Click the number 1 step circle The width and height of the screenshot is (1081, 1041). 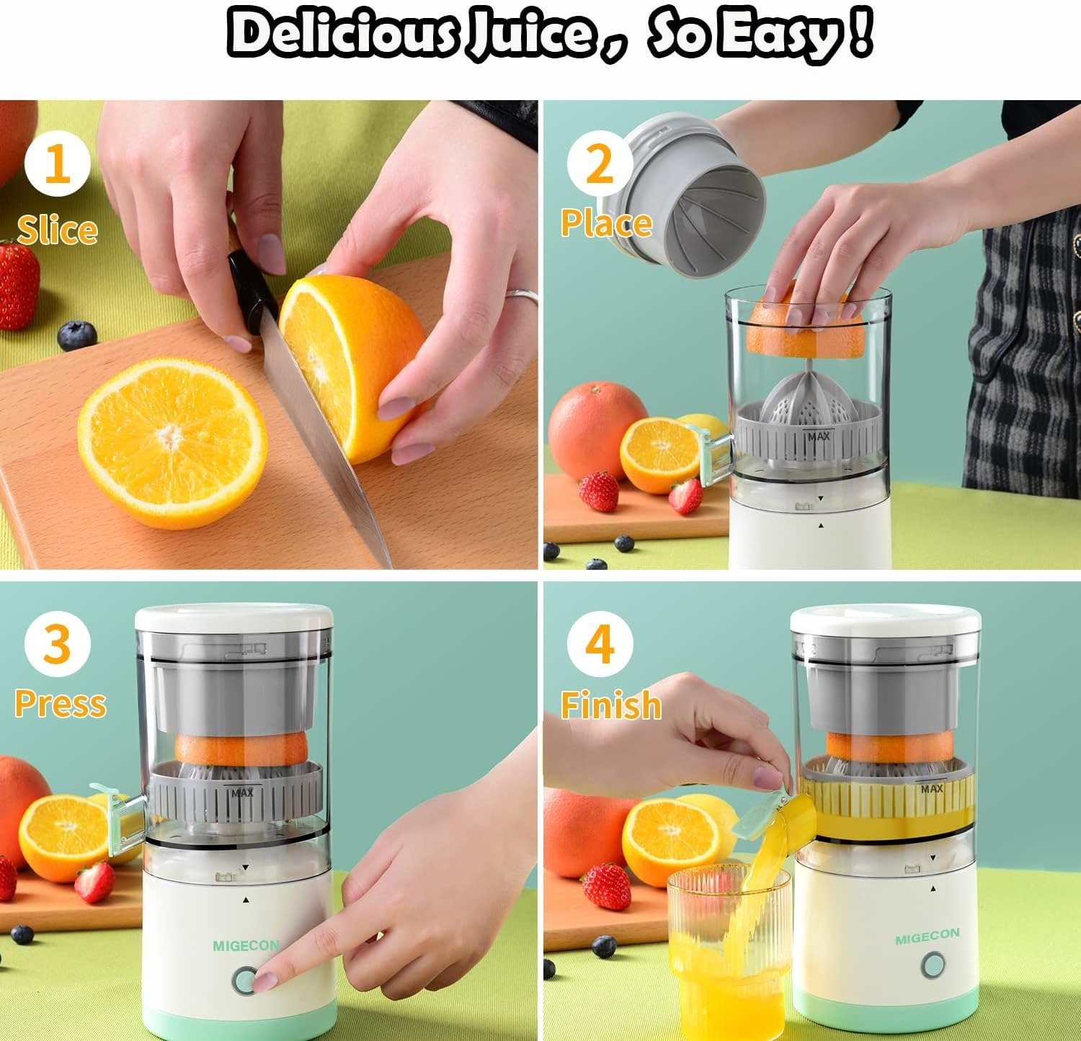pyautogui.click(x=58, y=164)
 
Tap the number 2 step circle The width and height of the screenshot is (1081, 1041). pyautogui.click(x=600, y=164)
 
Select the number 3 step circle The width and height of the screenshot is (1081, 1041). pyautogui.click(x=58, y=643)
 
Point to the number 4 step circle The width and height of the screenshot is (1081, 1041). pyautogui.click(x=600, y=643)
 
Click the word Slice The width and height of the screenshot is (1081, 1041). pyautogui.click(x=57, y=230)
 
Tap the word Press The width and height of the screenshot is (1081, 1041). pyautogui.click(x=60, y=703)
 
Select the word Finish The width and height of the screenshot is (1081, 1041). pyautogui.click(x=610, y=704)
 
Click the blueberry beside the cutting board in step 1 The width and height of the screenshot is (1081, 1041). pyautogui.click(x=76, y=336)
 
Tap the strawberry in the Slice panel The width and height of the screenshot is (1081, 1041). pyautogui.click(x=17, y=285)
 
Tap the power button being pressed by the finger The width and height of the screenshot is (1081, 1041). pyautogui.click(x=245, y=980)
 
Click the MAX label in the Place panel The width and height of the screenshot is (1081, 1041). pyautogui.click(x=818, y=435)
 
